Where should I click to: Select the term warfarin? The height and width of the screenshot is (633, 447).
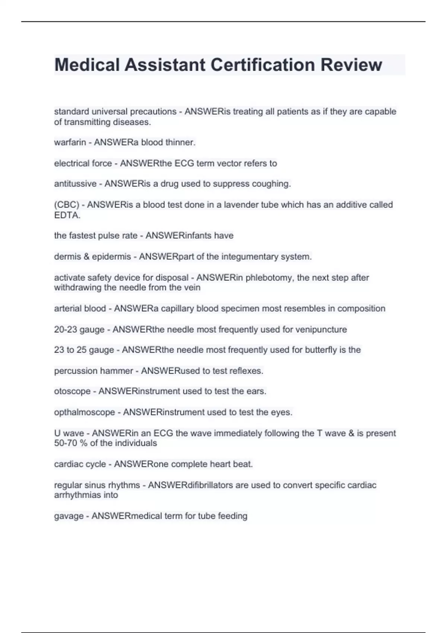70,142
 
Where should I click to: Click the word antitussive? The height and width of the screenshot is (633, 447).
75,184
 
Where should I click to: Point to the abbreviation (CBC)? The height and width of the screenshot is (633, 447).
67,205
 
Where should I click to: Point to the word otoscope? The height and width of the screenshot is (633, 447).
72,391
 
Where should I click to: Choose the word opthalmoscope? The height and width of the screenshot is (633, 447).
85,412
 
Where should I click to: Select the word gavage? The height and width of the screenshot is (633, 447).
69,516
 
